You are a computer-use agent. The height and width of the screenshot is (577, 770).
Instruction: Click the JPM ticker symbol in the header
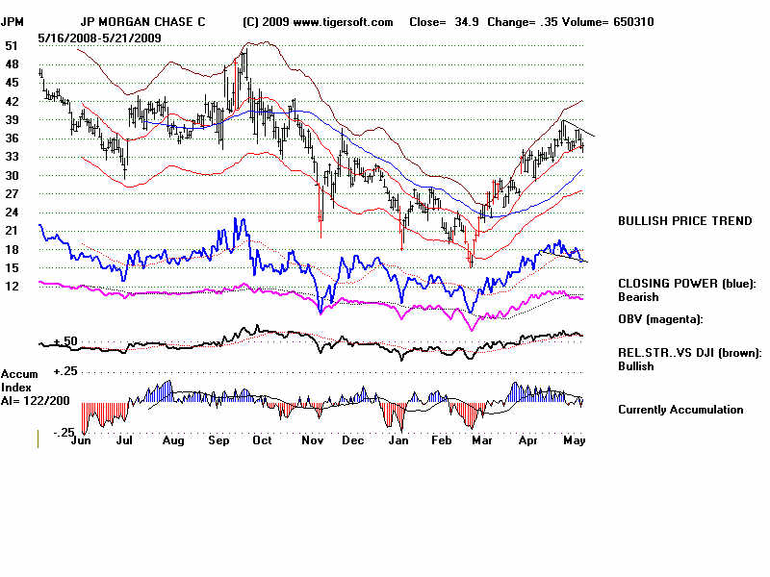[x=13, y=21]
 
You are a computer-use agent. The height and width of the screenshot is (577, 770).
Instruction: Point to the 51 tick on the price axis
[x=12, y=45]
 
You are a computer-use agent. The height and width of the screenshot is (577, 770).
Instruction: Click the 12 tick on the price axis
[x=12, y=286]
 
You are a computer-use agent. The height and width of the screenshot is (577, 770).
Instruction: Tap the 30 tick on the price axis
[x=12, y=175]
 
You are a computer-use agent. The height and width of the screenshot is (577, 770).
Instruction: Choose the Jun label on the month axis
[x=83, y=440]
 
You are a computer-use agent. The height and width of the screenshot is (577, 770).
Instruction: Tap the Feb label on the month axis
[x=442, y=440]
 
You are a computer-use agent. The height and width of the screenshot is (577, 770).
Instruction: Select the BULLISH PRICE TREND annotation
[x=684, y=221]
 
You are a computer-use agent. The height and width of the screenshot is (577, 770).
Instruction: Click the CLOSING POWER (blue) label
[x=687, y=284]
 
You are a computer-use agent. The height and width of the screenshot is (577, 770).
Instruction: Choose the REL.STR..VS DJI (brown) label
[x=689, y=353]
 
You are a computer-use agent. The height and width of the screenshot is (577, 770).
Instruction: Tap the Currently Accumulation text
[x=680, y=410]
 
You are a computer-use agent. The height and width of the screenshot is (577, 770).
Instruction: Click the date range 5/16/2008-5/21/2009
[x=100, y=37]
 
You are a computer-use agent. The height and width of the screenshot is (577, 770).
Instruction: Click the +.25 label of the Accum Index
[x=64, y=371]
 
